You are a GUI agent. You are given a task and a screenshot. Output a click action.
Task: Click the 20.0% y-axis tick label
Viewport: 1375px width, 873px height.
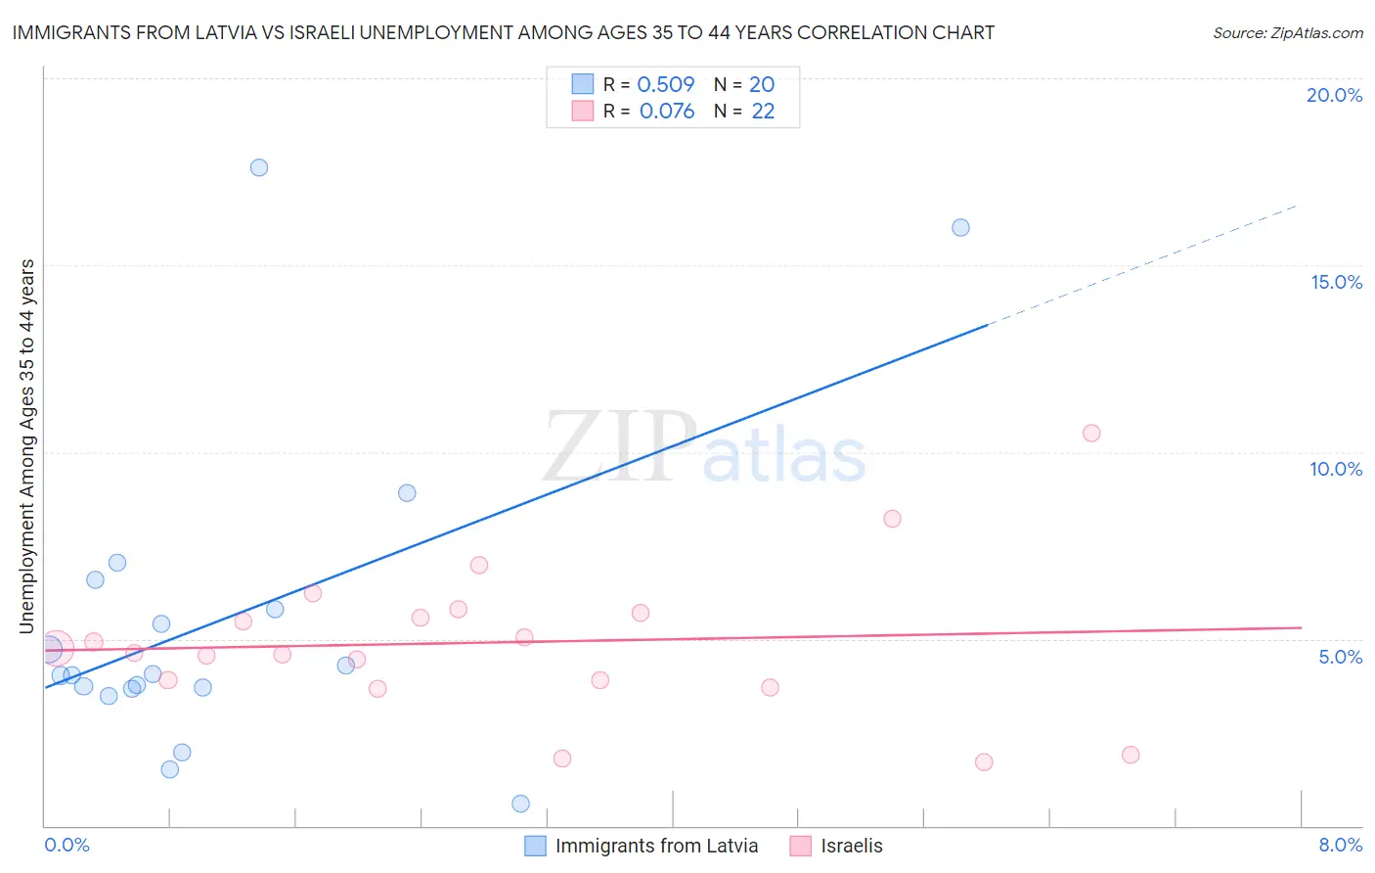(1334, 95)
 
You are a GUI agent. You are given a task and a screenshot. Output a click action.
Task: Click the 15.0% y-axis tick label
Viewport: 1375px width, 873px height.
(1336, 282)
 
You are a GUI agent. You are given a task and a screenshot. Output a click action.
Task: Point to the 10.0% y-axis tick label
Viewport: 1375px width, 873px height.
(1336, 469)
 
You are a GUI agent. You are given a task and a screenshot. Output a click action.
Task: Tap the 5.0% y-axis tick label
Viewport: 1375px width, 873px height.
(1340, 657)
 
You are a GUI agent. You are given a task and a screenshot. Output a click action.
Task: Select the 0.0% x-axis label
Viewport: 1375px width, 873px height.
(67, 845)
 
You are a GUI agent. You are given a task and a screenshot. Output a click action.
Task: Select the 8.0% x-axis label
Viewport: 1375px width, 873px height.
(1340, 845)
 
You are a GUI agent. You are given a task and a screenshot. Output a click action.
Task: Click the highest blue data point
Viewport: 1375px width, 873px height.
(259, 167)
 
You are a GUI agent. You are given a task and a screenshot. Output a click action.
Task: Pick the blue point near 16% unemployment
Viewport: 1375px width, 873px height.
(960, 227)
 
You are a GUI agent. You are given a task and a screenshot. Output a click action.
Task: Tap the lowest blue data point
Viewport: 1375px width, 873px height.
(520, 804)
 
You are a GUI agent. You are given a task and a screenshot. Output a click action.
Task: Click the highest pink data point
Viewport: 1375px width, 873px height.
(1091, 433)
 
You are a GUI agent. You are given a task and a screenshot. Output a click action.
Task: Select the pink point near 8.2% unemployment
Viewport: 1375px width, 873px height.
(892, 519)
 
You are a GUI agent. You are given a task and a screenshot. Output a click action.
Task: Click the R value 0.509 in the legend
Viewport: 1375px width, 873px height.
(665, 84)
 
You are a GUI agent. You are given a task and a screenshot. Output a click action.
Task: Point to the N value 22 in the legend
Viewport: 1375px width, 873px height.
(763, 112)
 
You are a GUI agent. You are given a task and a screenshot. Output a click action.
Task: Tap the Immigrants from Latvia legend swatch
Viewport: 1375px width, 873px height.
(535, 846)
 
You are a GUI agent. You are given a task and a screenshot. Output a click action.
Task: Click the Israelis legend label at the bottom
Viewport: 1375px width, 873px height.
(851, 846)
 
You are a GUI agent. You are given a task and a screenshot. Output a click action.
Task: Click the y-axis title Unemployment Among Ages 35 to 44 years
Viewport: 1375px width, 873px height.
(26, 445)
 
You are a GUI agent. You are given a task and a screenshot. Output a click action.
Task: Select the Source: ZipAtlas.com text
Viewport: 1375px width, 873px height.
(1287, 32)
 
